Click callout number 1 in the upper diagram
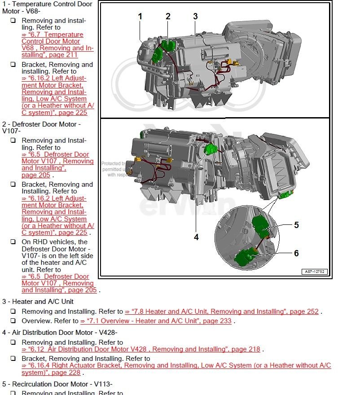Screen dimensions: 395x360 [x=140, y=17]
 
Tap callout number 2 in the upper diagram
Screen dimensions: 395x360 [x=168, y=17]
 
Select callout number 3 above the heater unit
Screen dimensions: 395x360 [x=195, y=17]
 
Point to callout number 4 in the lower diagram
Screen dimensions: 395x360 [x=196, y=237]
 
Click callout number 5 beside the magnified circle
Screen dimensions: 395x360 [x=296, y=225]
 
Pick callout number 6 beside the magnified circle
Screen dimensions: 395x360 [x=296, y=253]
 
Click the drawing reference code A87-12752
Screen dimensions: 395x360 [x=315, y=272]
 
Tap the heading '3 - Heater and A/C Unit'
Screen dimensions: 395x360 [x=38, y=302]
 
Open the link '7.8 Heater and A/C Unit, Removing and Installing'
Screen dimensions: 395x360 [x=222, y=312]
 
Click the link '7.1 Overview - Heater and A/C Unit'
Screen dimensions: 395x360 [x=156, y=321]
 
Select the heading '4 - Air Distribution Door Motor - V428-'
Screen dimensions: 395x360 [x=60, y=333]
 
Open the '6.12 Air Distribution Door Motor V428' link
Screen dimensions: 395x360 [x=141, y=349]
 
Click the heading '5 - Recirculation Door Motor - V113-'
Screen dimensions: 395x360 [x=57, y=384]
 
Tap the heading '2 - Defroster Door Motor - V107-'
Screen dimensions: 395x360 [x=41, y=127]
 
